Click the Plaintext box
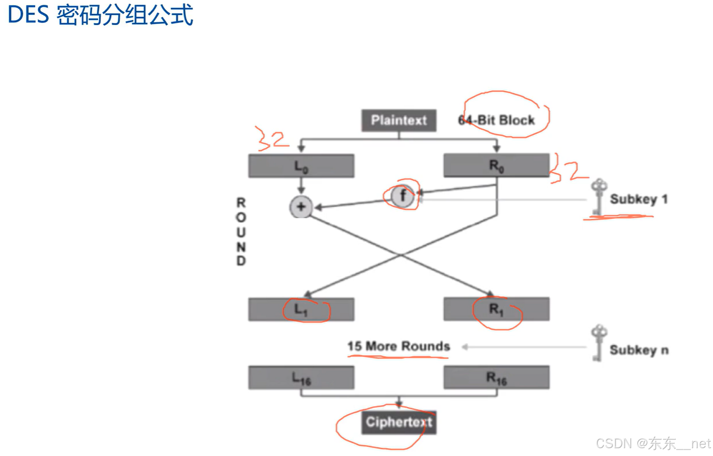399,120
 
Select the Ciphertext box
399,422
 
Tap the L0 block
301,166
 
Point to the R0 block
496,165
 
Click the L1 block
301,310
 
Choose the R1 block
496,309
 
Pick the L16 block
301,378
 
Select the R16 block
496,377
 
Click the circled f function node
402,196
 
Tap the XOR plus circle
301,207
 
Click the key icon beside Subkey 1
598,197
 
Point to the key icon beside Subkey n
598,343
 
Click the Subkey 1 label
638,199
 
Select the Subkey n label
639,350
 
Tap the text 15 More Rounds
398,347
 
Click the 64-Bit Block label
496,120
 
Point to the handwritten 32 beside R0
569,171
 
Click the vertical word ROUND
241,232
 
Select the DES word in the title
28,15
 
